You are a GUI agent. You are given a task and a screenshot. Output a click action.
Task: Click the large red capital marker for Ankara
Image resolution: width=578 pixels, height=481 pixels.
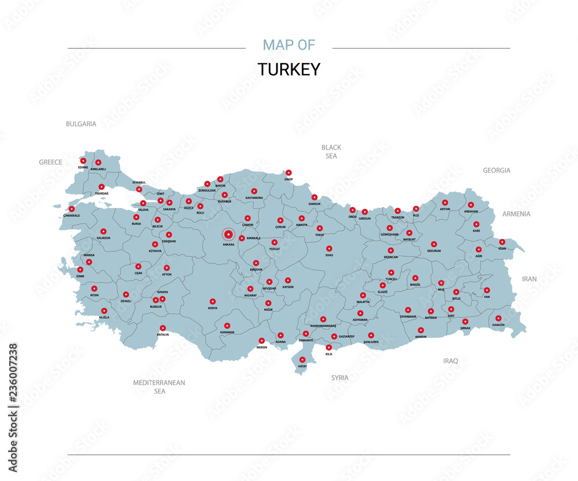pyautogui.click(x=228, y=234)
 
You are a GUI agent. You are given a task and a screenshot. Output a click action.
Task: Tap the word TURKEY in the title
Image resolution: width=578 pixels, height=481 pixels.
pyautogui.click(x=288, y=69)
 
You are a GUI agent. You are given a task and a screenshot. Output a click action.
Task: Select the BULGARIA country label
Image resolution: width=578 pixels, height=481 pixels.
pyautogui.click(x=81, y=124)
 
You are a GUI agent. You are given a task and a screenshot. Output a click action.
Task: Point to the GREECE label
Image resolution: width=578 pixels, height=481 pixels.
pyautogui.click(x=50, y=162)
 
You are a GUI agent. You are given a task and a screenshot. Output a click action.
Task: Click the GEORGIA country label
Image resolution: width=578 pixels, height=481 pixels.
pyautogui.click(x=497, y=170)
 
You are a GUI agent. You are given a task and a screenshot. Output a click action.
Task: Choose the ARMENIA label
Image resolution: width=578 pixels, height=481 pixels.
pyautogui.click(x=516, y=214)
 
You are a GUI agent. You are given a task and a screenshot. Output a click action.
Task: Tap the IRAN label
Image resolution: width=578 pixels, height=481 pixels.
pyautogui.click(x=529, y=278)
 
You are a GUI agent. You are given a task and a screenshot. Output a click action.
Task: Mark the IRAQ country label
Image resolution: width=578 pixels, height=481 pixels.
pyautogui.click(x=450, y=361)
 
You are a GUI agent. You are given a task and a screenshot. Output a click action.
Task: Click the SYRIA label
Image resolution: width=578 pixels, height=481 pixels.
pyautogui.click(x=340, y=378)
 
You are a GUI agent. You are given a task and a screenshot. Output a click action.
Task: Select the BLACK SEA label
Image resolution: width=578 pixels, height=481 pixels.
pyautogui.click(x=331, y=151)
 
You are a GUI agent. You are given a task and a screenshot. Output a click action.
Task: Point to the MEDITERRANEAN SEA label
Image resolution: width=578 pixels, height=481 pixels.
pyautogui.click(x=159, y=387)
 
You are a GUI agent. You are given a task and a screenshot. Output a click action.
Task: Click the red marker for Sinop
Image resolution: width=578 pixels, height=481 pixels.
pyautogui.click(x=288, y=172)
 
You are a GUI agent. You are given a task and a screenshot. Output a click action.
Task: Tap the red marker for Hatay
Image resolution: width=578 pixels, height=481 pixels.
pyautogui.click(x=302, y=359)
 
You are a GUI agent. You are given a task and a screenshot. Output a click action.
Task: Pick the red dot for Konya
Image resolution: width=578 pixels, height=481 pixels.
pyautogui.click(x=213, y=301)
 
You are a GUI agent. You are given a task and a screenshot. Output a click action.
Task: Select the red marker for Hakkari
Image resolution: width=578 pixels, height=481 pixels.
pyautogui.click(x=498, y=318)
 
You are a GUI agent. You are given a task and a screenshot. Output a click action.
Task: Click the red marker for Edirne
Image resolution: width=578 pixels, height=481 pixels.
pyautogui.click(x=83, y=161)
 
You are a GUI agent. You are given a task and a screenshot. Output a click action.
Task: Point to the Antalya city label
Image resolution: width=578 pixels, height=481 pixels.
pyautogui.click(x=162, y=335)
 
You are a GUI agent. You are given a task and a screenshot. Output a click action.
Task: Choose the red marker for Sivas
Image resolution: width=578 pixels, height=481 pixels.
pyautogui.click(x=329, y=248)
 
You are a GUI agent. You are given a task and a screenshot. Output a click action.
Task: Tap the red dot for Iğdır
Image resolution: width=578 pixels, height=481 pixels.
pyautogui.click(x=502, y=242)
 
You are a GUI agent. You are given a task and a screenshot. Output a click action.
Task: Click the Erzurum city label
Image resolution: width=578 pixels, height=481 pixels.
pyautogui.click(x=434, y=251)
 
